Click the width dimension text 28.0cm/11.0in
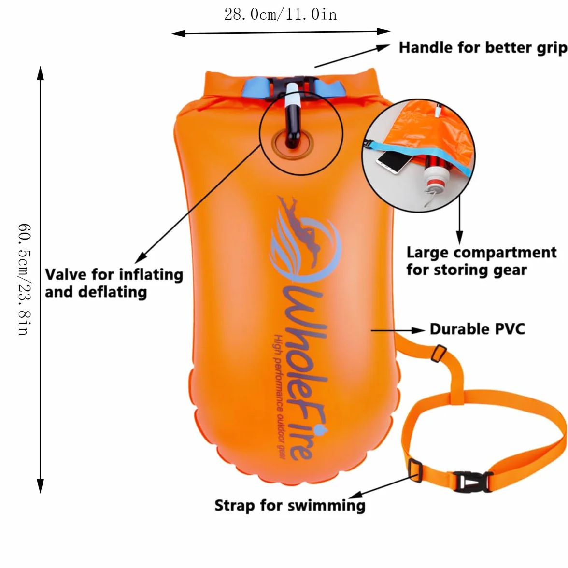point(281,14)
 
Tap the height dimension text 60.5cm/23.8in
point(25,280)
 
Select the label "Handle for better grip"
point(483,48)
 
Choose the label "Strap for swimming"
point(290,505)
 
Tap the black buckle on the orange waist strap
point(472,482)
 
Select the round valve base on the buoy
point(293,144)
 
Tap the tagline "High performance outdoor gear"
point(279,397)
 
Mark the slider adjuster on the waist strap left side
point(415,470)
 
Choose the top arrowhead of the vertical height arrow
point(41,73)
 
